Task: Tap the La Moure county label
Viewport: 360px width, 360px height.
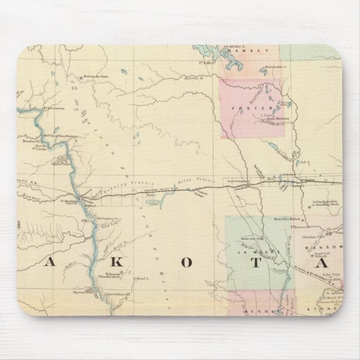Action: [x=254, y=252]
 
